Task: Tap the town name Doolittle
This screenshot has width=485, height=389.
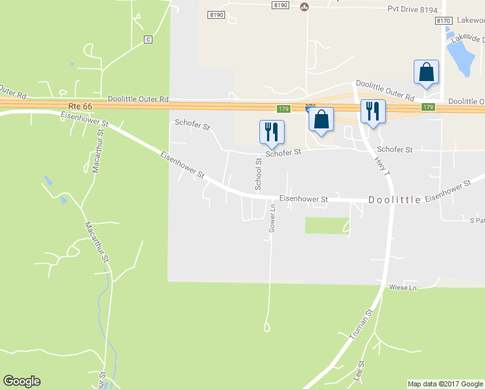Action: [394, 200]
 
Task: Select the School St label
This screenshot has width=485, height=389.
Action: [258, 174]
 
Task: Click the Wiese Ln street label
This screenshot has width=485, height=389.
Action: [402, 287]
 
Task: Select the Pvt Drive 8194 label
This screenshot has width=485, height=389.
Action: [412, 9]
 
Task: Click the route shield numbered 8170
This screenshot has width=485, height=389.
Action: [444, 21]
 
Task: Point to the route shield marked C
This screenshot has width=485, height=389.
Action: [148, 40]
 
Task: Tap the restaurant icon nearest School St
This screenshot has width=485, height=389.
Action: [272, 132]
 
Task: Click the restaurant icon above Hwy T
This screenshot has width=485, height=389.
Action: [372, 111]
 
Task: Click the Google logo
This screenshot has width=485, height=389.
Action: [21, 381]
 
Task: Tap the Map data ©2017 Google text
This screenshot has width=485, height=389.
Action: [445, 384]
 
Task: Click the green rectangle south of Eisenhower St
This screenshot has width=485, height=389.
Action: [327, 225]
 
